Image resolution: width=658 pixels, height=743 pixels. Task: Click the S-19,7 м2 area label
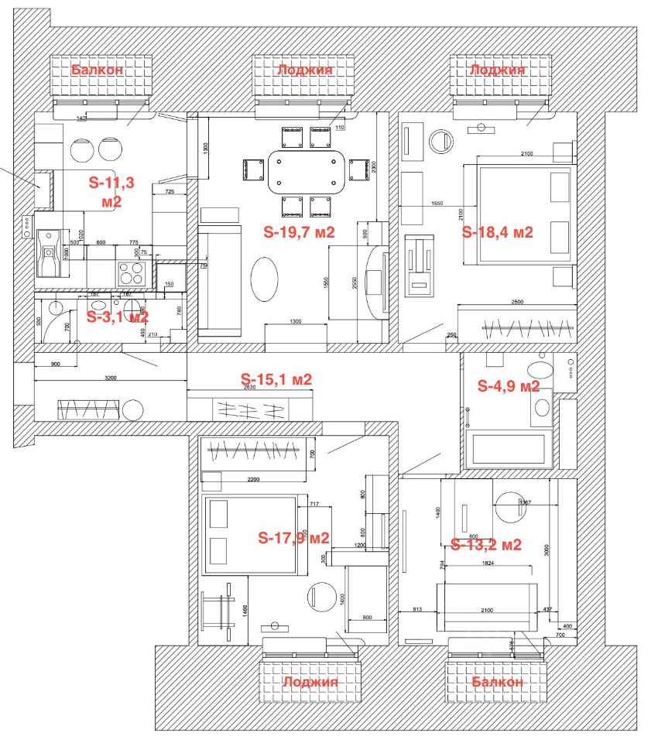click(x=299, y=231)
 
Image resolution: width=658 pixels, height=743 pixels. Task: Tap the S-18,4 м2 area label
click(x=498, y=231)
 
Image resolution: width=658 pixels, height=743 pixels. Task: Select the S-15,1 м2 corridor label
click(x=276, y=379)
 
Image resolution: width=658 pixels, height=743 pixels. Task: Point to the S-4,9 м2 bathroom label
click(x=509, y=385)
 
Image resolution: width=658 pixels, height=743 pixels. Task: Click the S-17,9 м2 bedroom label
click(x=294, y=538)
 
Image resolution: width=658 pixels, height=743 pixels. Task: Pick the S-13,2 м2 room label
click(x=486, y=544)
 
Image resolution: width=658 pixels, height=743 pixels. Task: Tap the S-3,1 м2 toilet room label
click(x=116, y=317)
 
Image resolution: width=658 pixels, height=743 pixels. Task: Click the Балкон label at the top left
click(x=98, y=70)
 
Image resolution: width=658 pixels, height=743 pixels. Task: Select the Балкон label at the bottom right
click(x=497, y=682)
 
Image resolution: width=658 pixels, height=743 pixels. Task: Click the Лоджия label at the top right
click(x=497, y=70)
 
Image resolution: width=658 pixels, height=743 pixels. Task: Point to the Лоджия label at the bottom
click(x=310, y=682)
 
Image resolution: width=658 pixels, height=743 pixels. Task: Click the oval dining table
click(x=307, y=172)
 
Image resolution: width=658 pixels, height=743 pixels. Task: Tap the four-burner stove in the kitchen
click(x=132, y=273)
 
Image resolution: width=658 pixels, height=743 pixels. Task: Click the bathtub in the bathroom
click(x=509, y=450)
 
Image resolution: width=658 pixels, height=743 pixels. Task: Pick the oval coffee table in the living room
click(x=266, y=279)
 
